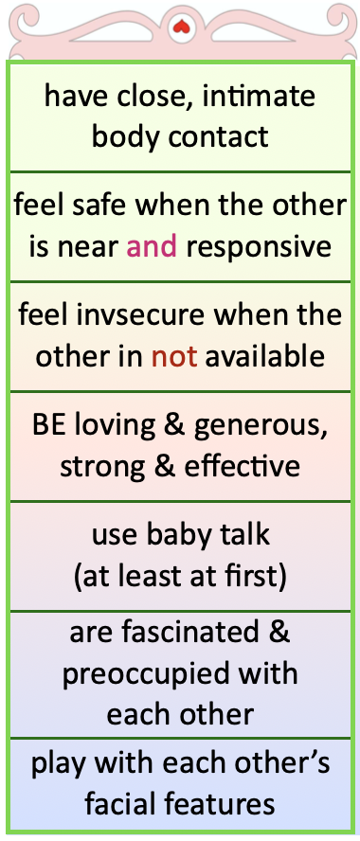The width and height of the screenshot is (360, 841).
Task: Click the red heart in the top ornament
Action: point(181,27)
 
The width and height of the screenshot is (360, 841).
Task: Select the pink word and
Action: point(152,246)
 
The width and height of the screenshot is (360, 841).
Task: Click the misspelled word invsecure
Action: point(139,314)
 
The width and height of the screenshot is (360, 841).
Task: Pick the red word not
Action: point(174,357)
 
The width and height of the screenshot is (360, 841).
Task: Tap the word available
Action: point(265,355)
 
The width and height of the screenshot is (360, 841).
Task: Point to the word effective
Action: point(240,466)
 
